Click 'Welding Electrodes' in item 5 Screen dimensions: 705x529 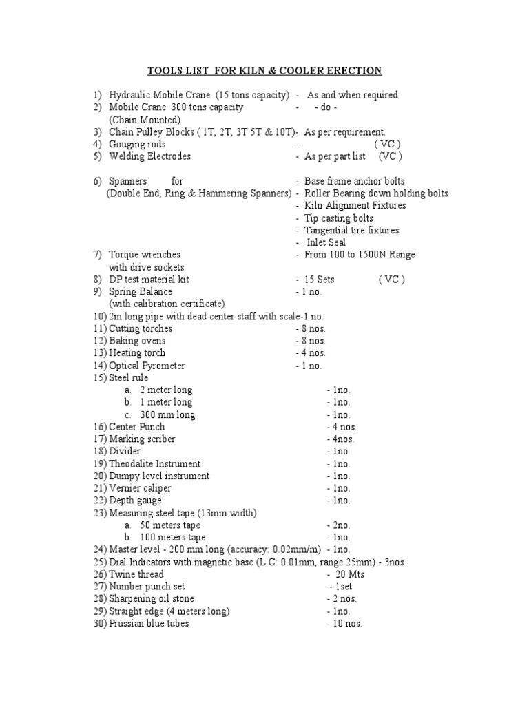click(149, 157)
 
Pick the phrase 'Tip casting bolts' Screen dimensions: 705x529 click(339, 218)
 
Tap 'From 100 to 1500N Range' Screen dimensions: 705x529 click(360, 255)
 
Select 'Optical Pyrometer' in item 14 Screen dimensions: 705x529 click(147, 366)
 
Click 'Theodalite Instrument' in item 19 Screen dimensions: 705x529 click(155, 464)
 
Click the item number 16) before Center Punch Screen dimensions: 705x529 click(100, 427)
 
